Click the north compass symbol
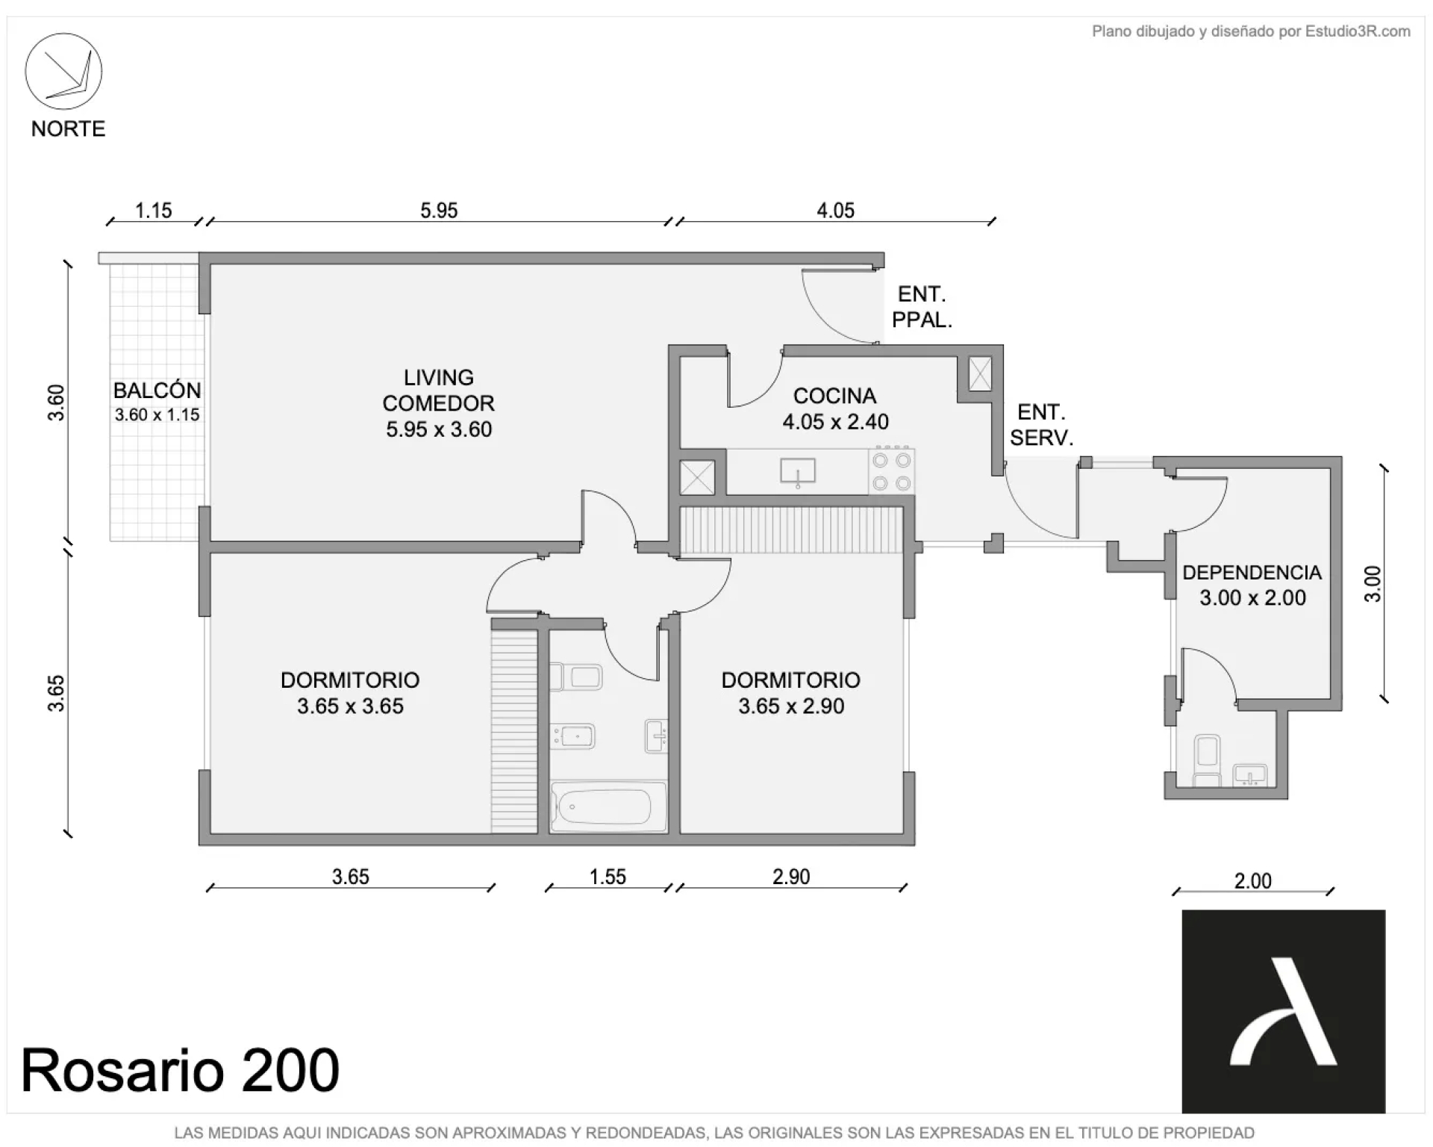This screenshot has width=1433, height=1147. coord(63,72)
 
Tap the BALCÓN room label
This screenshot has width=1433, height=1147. coord(157,391)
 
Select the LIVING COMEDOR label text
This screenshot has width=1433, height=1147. coord(439,391)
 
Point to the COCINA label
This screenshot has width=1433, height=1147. coord(834,396)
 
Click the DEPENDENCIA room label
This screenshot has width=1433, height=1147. coord(1252,573)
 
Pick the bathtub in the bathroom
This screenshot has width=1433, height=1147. coord(609,806)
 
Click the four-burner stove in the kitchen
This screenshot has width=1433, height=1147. coord(892,471)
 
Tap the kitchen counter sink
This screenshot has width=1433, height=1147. coord(798,472)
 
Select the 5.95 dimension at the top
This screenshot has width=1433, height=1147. coord(439,211)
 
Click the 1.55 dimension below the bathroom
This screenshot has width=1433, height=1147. coord(608,877)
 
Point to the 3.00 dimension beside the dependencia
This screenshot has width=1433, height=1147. coord(1373,584)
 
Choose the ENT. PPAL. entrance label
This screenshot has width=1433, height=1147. coord(922,307)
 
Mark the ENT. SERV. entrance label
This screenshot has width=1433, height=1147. coord(1041,425)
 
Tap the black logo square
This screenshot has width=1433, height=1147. coord(1284,1011)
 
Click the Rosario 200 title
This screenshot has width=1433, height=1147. coord(180,1071)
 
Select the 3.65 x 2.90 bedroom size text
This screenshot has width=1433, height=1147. coord(791,706)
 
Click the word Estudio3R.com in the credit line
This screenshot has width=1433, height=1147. coord(1358,31)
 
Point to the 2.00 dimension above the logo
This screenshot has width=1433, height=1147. coord(1252,881)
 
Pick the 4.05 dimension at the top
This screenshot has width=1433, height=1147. coord(835,211)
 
